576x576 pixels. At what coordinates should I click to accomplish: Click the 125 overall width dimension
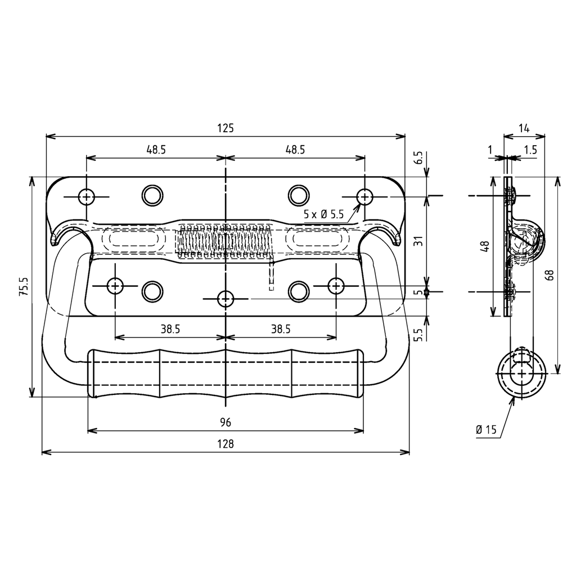coord(225,128)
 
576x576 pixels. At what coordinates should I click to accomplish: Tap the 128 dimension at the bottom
coord(225,444)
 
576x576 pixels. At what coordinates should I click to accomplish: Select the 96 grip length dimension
coord(226,422)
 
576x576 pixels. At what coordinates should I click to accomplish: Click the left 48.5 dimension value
coord(156,150)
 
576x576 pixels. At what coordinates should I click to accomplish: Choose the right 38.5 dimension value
coord(280,330)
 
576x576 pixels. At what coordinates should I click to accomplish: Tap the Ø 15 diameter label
coord(486,430)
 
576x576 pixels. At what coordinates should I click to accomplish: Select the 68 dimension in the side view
coord(550,274)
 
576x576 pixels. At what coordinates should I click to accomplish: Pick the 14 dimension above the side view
coord(524,128)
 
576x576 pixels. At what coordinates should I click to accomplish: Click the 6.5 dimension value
coord(417,158)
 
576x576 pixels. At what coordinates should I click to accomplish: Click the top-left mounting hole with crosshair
coord(86,196)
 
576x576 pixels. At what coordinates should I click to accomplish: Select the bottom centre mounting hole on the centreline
coord(226,298)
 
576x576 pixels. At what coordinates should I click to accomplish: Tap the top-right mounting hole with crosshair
coord(364,196)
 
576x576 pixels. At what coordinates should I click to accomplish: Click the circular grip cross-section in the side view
coord(522,374)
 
